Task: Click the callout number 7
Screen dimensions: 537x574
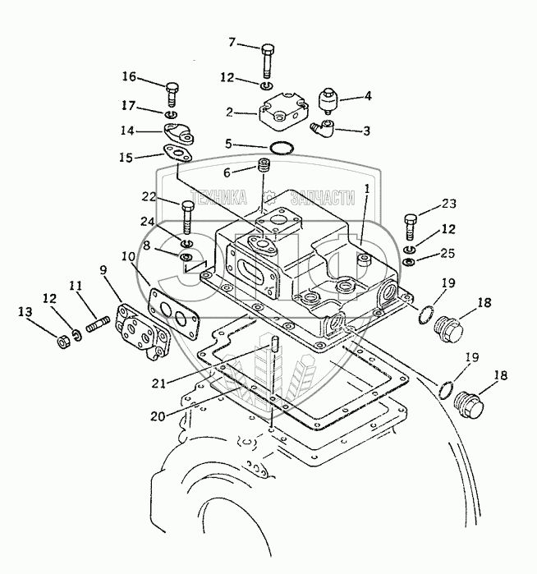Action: click(232, 43)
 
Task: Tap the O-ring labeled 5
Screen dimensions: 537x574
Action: click(281, 148)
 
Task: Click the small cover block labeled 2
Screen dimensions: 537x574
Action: click(283, 113)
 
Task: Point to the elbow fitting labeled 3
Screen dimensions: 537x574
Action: click(323, 128)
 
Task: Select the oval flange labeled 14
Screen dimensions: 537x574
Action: click(178, 134)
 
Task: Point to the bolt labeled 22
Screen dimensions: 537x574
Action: click(186, 217)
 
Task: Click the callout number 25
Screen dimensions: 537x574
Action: click(447, 253)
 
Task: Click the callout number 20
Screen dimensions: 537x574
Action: click(158, 416)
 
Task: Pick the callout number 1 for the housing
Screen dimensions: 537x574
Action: click(367, 189)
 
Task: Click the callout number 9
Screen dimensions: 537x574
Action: click(103, 270)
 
